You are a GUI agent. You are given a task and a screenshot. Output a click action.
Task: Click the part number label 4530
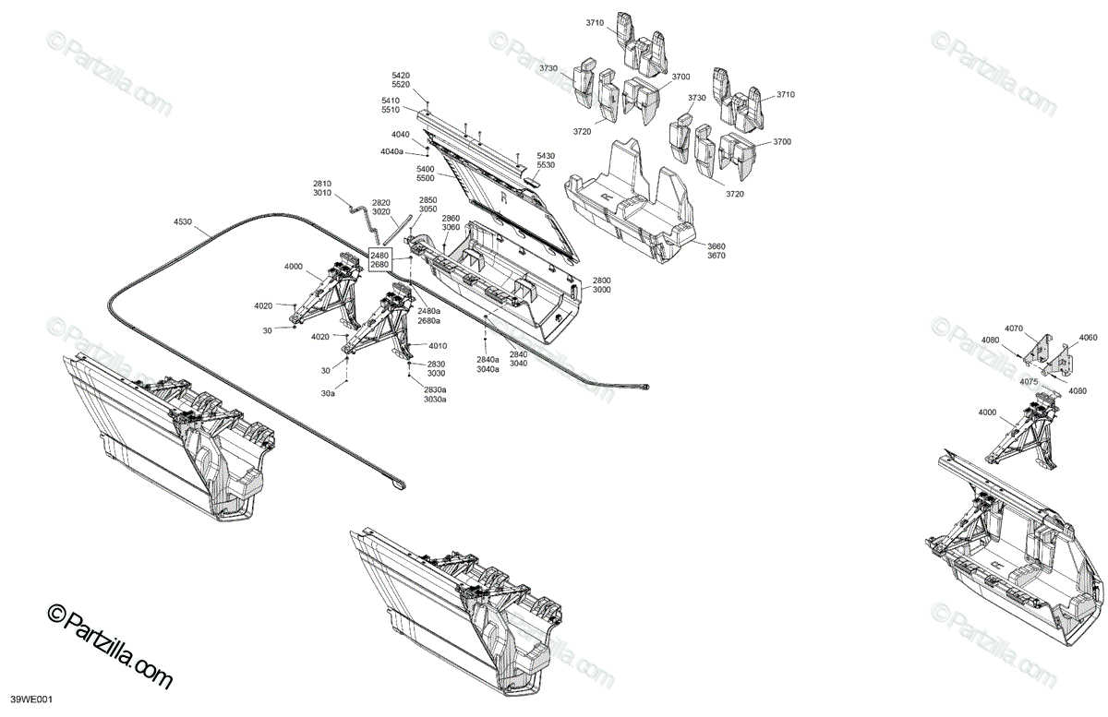coord(183,221)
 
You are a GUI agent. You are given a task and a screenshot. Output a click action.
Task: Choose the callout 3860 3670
coord(717,251)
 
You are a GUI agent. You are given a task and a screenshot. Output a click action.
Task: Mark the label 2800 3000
coord(601,284)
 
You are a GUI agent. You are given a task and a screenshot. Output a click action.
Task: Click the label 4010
coord(437,346)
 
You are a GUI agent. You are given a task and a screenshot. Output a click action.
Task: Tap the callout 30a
coord(328,393)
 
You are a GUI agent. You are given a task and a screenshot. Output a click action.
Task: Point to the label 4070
coord(1014,329)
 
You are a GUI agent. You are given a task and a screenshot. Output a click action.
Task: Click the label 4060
coord(1089,338)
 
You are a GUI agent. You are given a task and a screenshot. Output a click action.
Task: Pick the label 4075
coord(1030,381)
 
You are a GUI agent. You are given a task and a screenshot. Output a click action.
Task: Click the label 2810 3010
coord(321,188)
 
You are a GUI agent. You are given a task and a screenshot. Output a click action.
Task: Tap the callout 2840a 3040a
coord(488,364)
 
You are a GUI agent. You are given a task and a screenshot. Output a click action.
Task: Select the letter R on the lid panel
coord(503,197)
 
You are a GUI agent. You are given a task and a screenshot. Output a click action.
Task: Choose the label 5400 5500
coord(426,174)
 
